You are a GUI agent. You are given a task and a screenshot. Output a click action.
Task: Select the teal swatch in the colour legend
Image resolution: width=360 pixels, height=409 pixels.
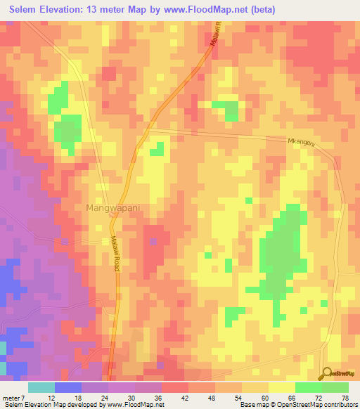(41, 387)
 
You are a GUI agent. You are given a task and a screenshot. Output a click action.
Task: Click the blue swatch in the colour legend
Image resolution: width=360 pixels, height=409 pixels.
(67, 387)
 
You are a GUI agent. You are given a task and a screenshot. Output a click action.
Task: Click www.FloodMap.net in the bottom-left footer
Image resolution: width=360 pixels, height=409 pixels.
(133, 405)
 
